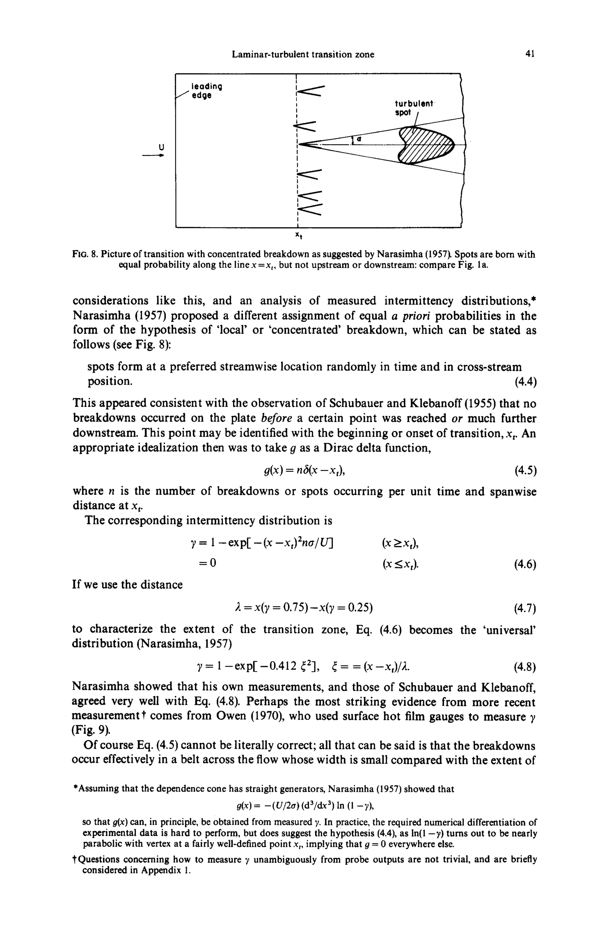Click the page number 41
click(530, 54)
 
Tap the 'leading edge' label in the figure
click(206, 91)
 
